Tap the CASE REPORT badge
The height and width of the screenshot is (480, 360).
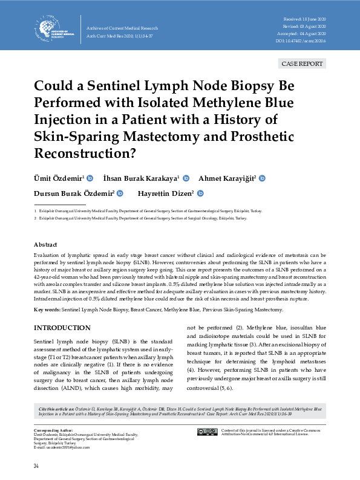pyautogui.click(x=303, y=64)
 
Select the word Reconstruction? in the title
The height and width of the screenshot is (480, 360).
pyautogui.click(x=85, y=153)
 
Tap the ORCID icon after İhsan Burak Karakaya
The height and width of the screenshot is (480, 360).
pyautogui.click(x=186, y=178)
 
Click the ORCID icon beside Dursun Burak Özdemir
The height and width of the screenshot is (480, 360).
pyautogui.click(x=120, y=193)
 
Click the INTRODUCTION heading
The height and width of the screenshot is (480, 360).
pyautogui.click(x=62, y=328)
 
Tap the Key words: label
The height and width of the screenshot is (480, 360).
pyautogui.click(x=47, y=310)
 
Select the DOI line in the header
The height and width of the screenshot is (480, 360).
pyautogui.click(x=301, y=41)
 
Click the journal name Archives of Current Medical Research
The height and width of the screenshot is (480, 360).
pyautogui.click(x=123, y=28)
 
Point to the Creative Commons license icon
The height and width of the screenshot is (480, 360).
pyautogui.click(x=207, y=432)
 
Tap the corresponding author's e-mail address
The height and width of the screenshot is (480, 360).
pyautogui.click(x=61, y=447)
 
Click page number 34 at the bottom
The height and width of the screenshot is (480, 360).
pyautogui.click(x=36, y=466)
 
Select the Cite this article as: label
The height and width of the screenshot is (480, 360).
pyautogui.click(x=57, y=409)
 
